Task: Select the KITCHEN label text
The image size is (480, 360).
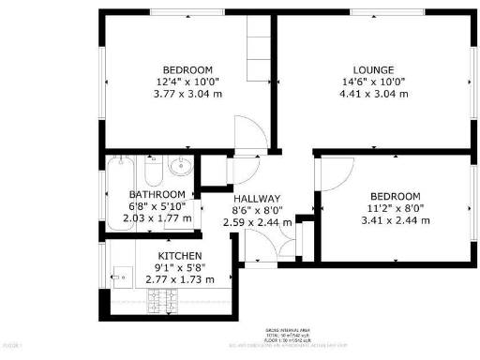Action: coord(179,256)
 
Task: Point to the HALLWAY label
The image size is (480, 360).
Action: coord(256,199)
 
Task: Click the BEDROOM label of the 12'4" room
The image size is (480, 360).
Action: coord(187,69)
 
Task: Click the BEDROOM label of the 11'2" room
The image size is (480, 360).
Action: coord(397,196)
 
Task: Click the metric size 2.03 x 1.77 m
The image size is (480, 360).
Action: coord(157,218)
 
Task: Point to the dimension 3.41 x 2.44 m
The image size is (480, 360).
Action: coord(397,220)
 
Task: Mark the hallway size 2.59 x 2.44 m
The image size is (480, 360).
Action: coord(256,223)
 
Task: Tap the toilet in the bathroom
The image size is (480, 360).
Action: coord(153,173)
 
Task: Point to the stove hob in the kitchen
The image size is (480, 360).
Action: coord(164,301)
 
